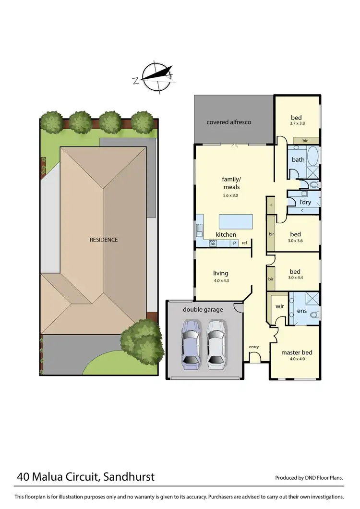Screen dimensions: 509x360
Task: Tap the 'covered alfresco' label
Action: coord(229,122)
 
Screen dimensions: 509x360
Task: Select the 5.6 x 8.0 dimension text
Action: coord(230,195)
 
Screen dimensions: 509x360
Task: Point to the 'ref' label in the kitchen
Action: coord(244,243)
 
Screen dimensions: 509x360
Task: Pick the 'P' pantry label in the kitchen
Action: coord(235,243)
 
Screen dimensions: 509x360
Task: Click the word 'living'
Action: coord(221,273)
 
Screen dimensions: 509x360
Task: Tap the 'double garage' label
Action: coord(203,310)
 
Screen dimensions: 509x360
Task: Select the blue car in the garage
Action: coord(191,342)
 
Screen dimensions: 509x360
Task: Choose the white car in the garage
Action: coord(216,342)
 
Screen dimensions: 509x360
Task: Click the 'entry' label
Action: coord(253,347)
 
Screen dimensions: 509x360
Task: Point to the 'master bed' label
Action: coord(297,352)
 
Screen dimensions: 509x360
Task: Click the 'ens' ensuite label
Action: coord(302,311)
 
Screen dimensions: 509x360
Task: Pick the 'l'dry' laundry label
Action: coord(306,202)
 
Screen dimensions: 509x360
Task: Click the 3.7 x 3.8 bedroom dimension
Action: coord(298,124)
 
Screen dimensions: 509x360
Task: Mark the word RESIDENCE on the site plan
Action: coord(104,240)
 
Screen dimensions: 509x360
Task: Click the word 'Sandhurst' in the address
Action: coord(129,477)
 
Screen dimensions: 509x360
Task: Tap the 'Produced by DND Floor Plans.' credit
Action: coord(309,478)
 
